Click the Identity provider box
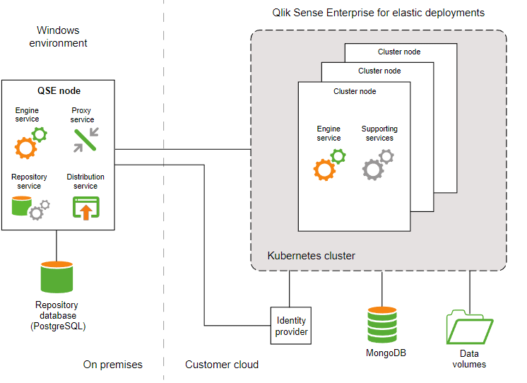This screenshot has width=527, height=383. (292, 326)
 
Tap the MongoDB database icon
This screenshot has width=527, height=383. (382, 325)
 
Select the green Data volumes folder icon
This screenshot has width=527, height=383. (469, 327)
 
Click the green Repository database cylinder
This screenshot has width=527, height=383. (57, 277)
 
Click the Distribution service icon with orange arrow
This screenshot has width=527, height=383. (86, 207)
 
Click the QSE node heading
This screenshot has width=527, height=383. (59, 91)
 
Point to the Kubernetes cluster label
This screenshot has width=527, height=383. (311, 255)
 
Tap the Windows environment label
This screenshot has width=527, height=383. (58, 37)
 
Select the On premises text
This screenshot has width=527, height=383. (112, 365)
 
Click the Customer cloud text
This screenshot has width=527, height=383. (222, 365)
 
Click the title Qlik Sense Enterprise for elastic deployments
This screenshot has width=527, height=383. (378, 13)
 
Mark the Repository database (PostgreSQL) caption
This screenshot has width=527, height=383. (57, 316)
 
